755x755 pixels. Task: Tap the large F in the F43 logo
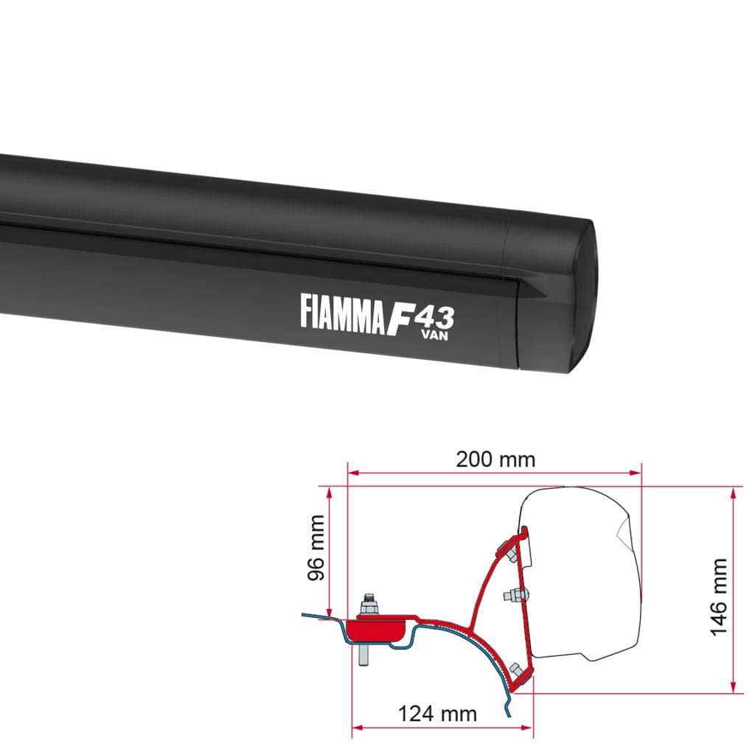[x=398, y=317]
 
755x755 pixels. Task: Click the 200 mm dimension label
[x=495, y=459]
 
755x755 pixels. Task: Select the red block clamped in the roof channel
[x=376, y=630]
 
